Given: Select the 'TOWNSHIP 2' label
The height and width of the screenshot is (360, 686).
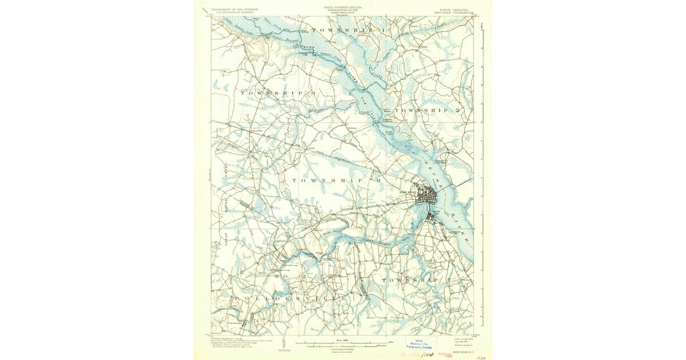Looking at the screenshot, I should pyautogui.click(x=434, y=109).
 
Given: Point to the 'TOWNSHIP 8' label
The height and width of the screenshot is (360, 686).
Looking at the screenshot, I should pyautogui.click(x=337, y=181).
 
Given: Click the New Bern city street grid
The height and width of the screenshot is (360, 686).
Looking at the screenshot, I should pyautogui.click(x=427, y=198).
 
